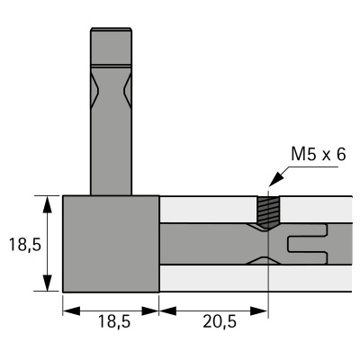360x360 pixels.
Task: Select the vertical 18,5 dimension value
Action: point(21,244)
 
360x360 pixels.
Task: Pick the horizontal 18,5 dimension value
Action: point(111,322)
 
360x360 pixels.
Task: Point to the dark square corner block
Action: point(111,243)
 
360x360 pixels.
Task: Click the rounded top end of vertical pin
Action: point(112,32)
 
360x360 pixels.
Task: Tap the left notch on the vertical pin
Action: point(95,89)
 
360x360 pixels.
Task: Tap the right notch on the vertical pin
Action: point(129,89)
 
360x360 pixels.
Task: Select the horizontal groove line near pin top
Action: point(112,66)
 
